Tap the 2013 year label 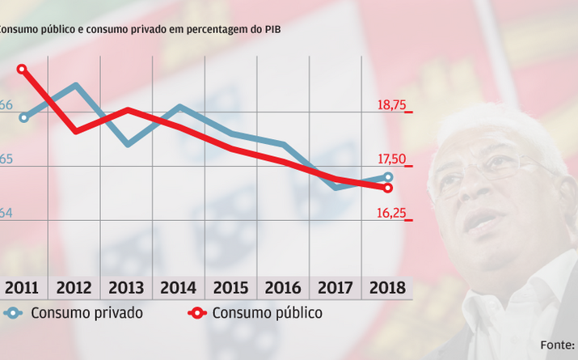pos(128,288)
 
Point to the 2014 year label pos(179,288)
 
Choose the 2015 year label pos(231,288)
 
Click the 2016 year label pos(283,288)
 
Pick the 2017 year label pos(335,288)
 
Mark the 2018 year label pos(387,288)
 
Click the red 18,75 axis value pos(391,105)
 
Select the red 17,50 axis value pos(391,160)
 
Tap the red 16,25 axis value pos(391,214)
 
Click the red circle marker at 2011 pos(23,70)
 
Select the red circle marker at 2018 pos(388,188)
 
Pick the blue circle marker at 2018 pos(388,177)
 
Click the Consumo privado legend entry pos(86,313)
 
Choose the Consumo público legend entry pos(267,313)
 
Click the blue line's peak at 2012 pos(76,85)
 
